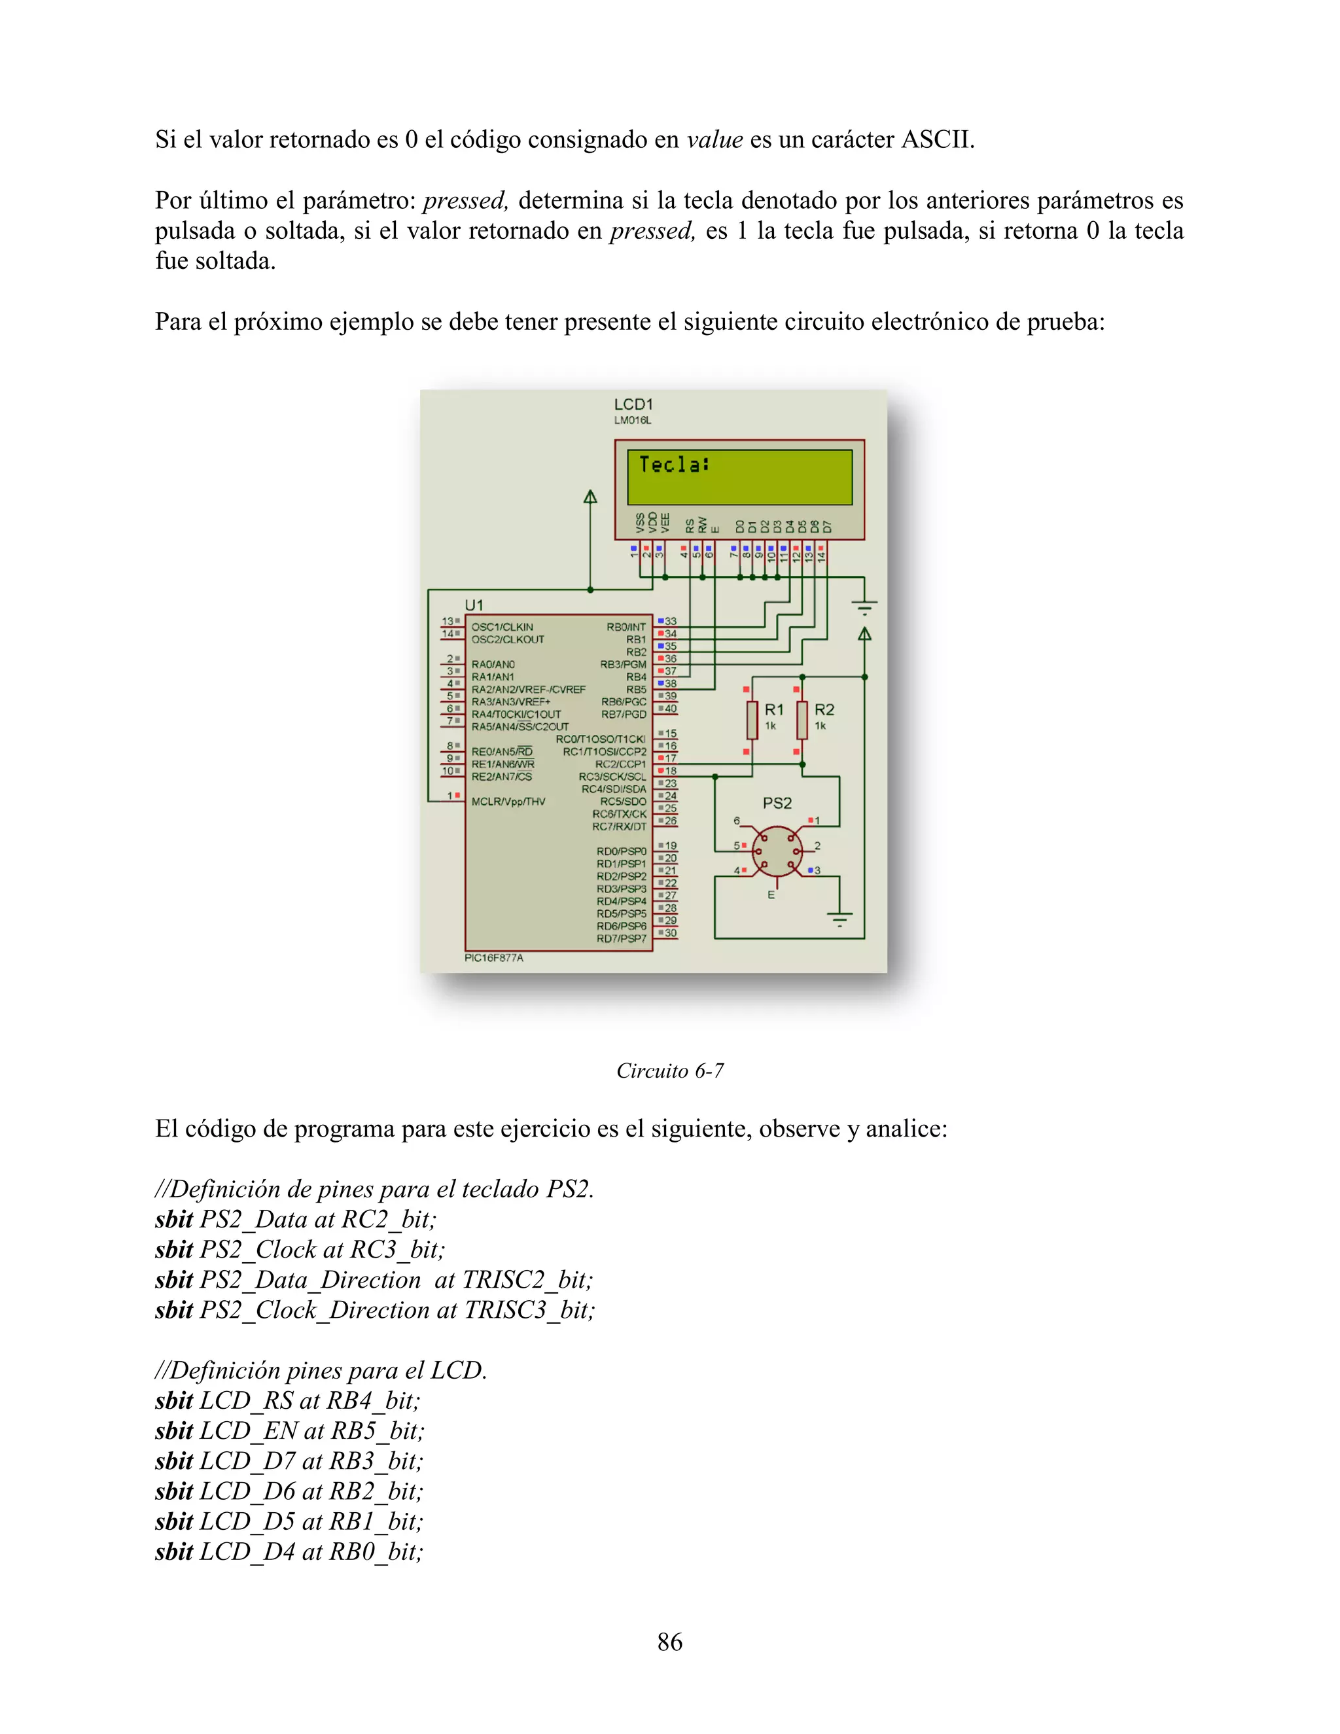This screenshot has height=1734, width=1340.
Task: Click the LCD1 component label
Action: tap(633, 404)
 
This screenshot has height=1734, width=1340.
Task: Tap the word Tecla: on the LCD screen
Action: tap(674, 465)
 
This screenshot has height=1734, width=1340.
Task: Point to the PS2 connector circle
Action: tap(777, 852)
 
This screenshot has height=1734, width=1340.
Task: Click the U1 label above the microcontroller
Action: tap(474, 605)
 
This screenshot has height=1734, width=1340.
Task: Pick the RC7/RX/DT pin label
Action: tap(619, 826)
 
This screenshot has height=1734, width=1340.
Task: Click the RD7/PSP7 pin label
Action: tap(622, 938)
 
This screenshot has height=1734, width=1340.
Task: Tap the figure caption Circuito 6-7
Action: tap(670, 1071)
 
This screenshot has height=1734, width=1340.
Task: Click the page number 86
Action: tap(670, 1642)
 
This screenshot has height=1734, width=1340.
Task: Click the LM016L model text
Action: tap(632, 421)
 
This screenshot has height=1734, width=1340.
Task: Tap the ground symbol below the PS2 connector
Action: tap(839, 919)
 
